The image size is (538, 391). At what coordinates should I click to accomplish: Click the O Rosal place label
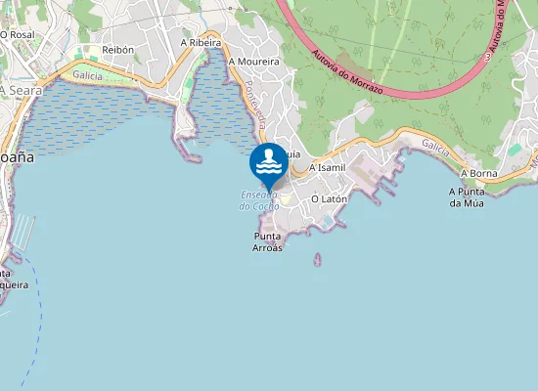[x=18, y=34]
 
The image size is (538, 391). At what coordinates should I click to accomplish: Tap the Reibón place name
[x=117, y=49]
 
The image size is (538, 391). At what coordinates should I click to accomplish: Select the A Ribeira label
[x=200, y=43]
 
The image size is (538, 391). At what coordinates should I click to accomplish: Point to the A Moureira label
[x=253, y=61]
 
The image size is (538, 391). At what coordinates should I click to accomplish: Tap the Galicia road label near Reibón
[x=88, y=74]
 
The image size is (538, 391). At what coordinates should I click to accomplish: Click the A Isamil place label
[x=327, y=167]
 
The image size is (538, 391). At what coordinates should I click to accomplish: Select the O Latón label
[x=329, y=198]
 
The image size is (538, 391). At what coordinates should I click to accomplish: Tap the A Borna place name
[x=478, y=173]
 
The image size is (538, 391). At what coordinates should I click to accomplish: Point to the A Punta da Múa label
[x=467, y=197]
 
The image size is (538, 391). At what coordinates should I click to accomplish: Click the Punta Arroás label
[x=268, y=242]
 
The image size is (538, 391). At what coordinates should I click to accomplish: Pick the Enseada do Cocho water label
[x=259, y=200]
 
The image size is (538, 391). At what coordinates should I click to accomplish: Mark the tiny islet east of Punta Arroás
[x=318, y=260]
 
